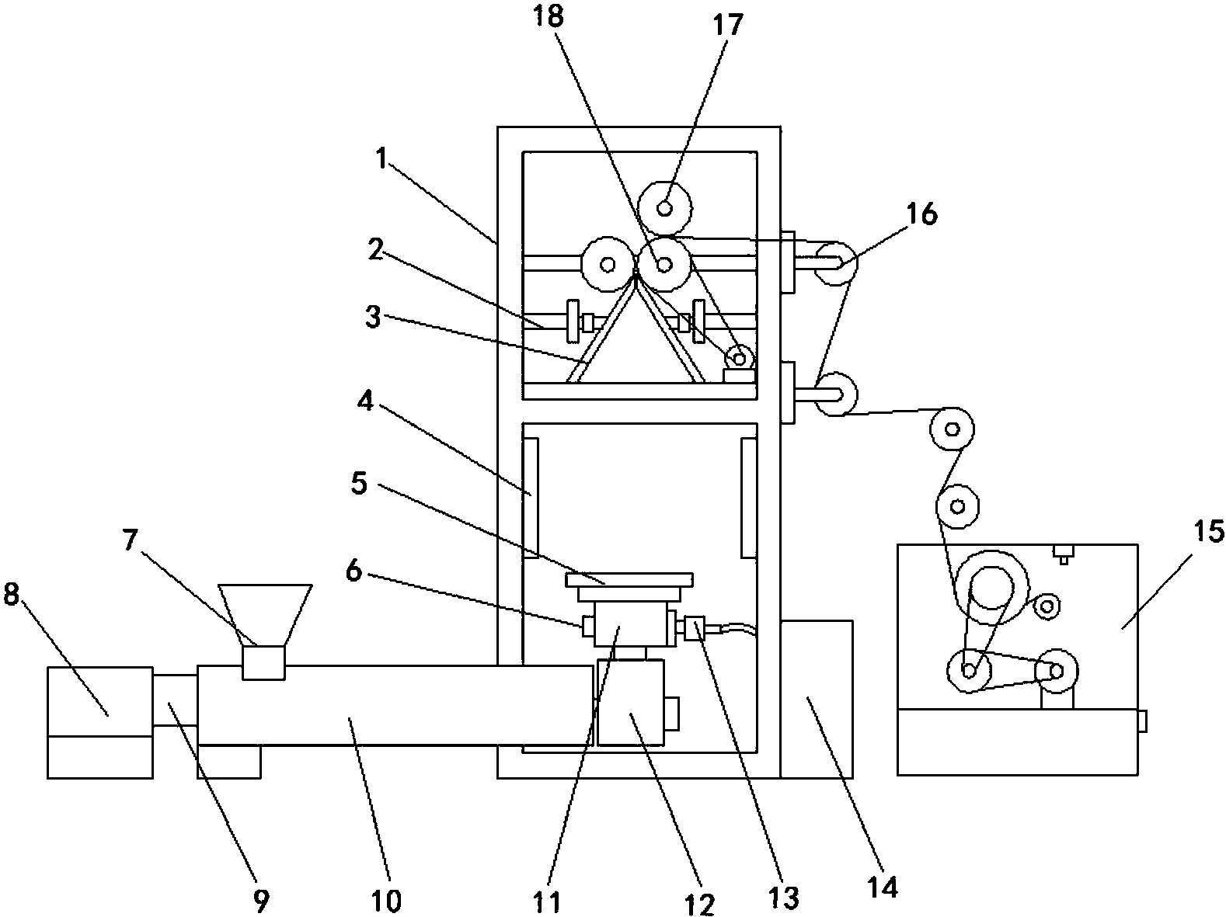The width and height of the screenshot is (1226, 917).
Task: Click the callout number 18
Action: point(549,17)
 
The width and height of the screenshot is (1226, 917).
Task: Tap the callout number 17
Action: point(728,25)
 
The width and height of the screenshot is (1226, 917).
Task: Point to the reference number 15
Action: point(1209,530)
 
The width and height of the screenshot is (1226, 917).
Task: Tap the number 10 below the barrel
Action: point(386,900)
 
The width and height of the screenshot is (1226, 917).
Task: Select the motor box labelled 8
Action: point(100,722)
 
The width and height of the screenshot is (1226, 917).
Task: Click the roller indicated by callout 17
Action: point(664,208)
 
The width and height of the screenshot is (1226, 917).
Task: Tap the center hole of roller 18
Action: point(664,264)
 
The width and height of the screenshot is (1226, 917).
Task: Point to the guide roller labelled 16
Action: point(836,262)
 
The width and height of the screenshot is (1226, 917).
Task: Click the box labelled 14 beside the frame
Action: point(816,699)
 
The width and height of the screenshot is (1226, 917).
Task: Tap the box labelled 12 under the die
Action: point(631,702)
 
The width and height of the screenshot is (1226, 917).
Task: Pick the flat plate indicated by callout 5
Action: point(629,580)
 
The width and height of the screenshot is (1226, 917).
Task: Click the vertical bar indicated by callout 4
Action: point(530,498)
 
